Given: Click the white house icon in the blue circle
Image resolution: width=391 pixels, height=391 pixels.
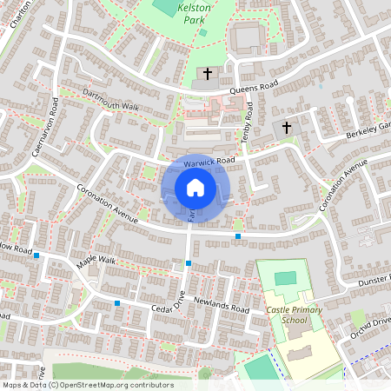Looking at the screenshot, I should pyautogui.click(x=195, y=187).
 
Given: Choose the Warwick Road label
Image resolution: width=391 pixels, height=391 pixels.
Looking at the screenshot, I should pyautogui.click(x=209, y=161).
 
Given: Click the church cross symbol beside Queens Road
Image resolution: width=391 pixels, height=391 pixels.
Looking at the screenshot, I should pyautogui.click(x=208, y=75).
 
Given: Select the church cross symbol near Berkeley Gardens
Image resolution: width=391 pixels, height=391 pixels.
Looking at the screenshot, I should pyautogui.click(x=288, y=127).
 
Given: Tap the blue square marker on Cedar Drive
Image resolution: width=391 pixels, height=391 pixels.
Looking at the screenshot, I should pyautogui.click(x=117, y=303).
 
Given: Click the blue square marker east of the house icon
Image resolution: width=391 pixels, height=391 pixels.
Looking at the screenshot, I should pyautogui.click(x=238, y=235).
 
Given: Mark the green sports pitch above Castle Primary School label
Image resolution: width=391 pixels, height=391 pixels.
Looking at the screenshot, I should pyautogui.click(x=285, y=278).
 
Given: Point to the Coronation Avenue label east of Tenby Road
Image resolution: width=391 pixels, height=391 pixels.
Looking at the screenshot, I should pyautogui.click(x=338, y=185).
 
